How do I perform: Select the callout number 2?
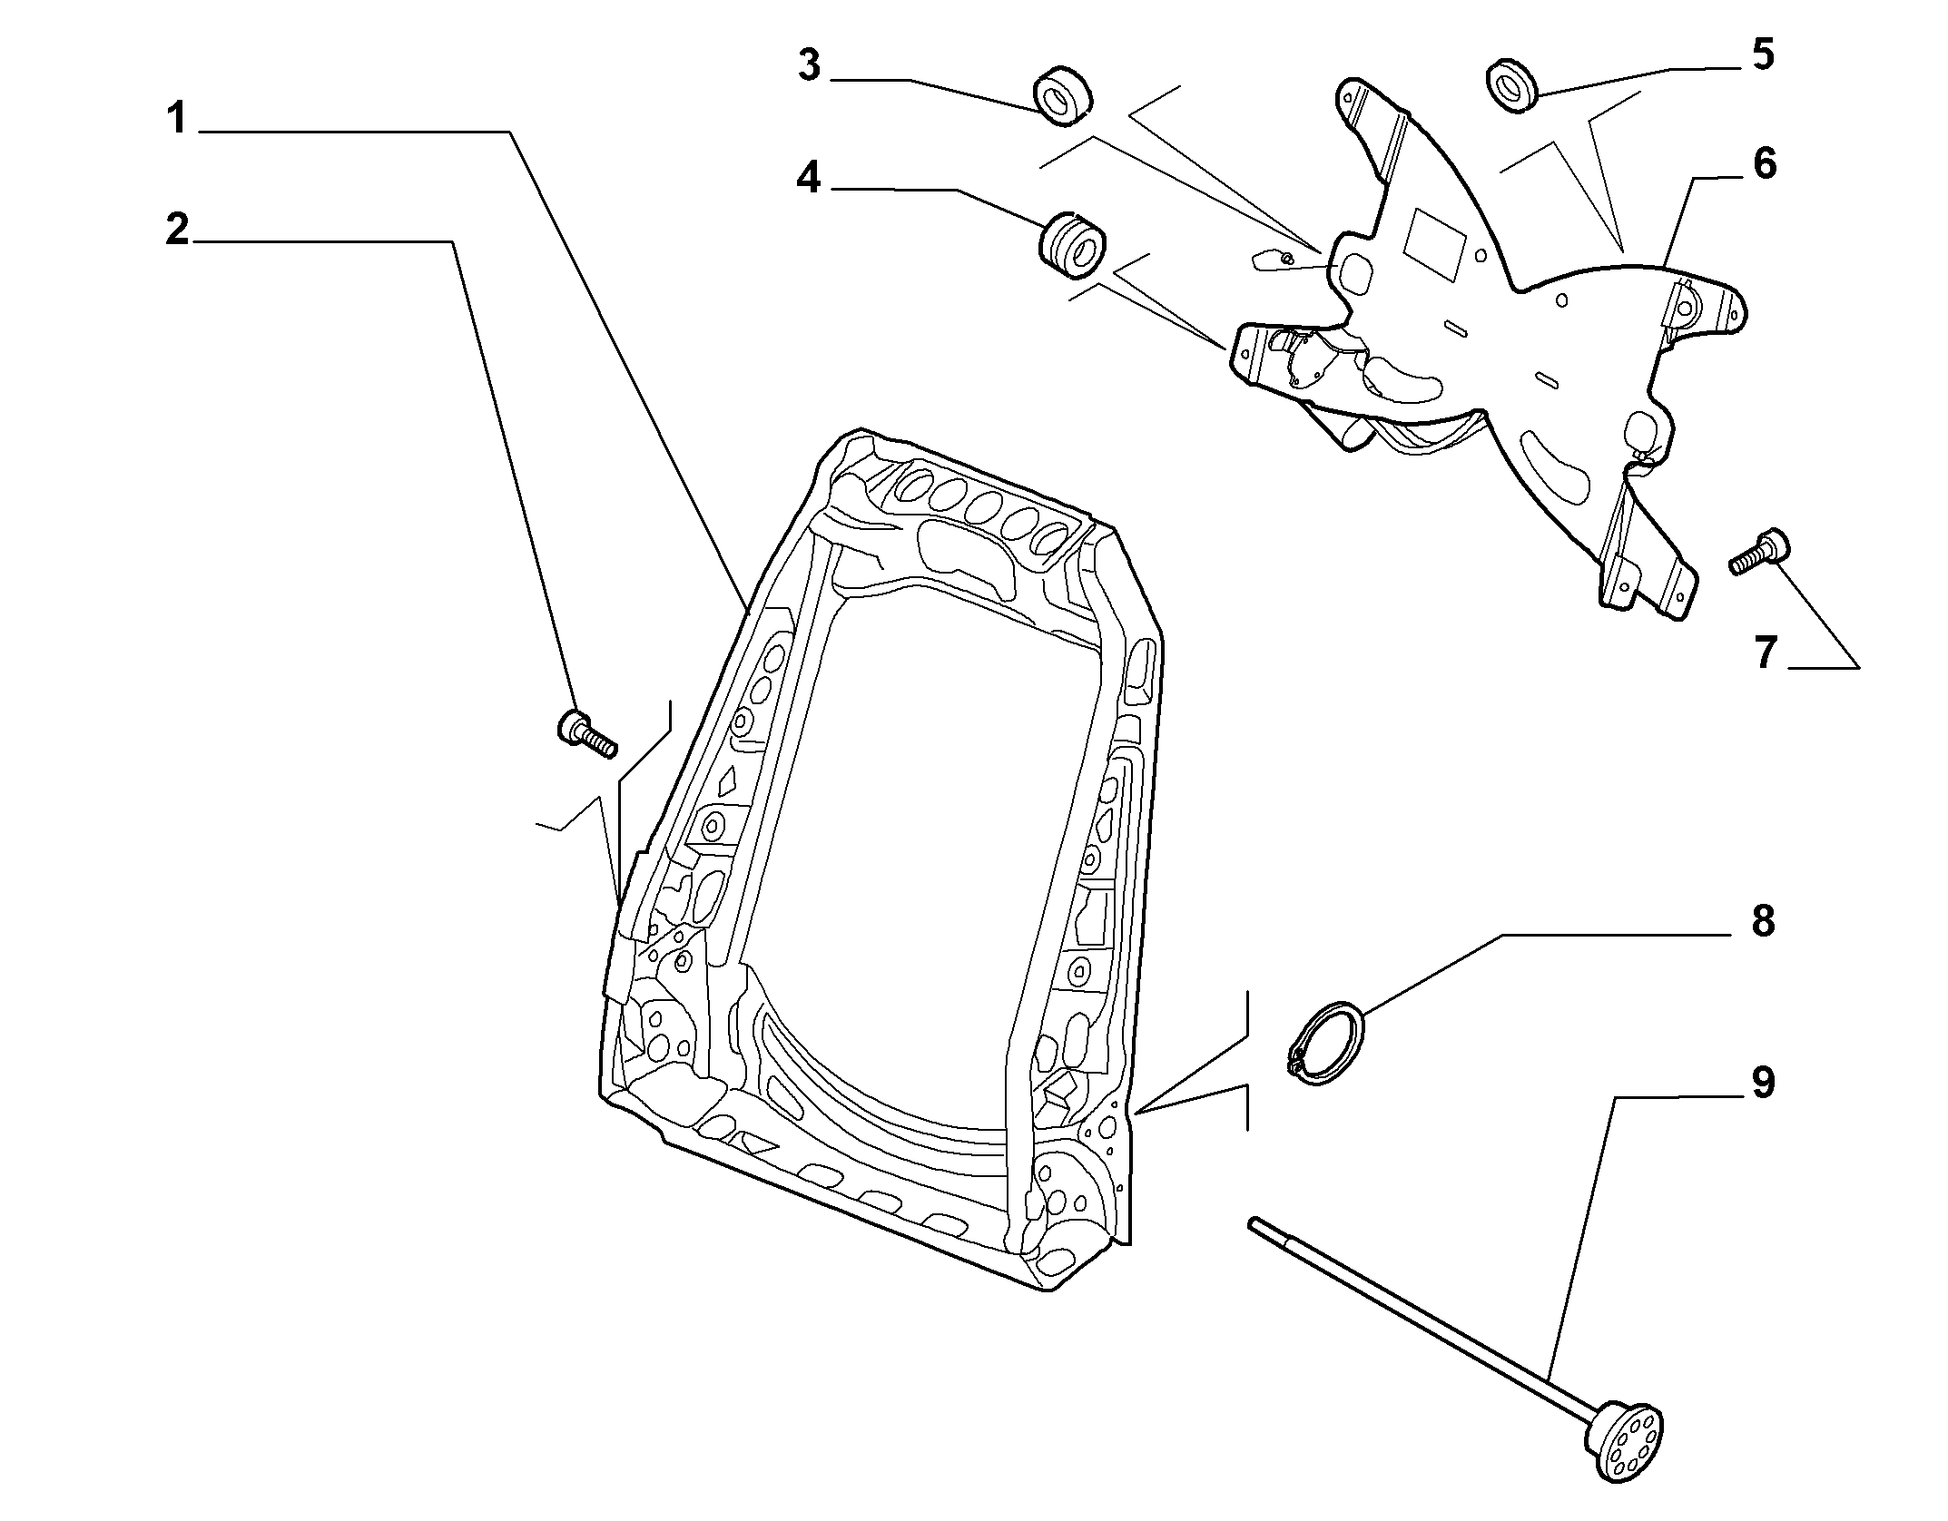click(177, 230)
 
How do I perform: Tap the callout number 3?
click(809, 66)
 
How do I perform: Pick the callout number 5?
click(1762, 54)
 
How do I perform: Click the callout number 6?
click(1764, 164)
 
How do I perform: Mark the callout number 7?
click(1764, 653)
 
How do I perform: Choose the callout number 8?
click(1762, 922)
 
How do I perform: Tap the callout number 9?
click(1762, 1083)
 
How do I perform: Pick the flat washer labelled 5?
click(1511, 86)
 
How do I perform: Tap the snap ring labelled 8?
click(1325, 1041)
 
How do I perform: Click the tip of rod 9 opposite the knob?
click(1252, 1222)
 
